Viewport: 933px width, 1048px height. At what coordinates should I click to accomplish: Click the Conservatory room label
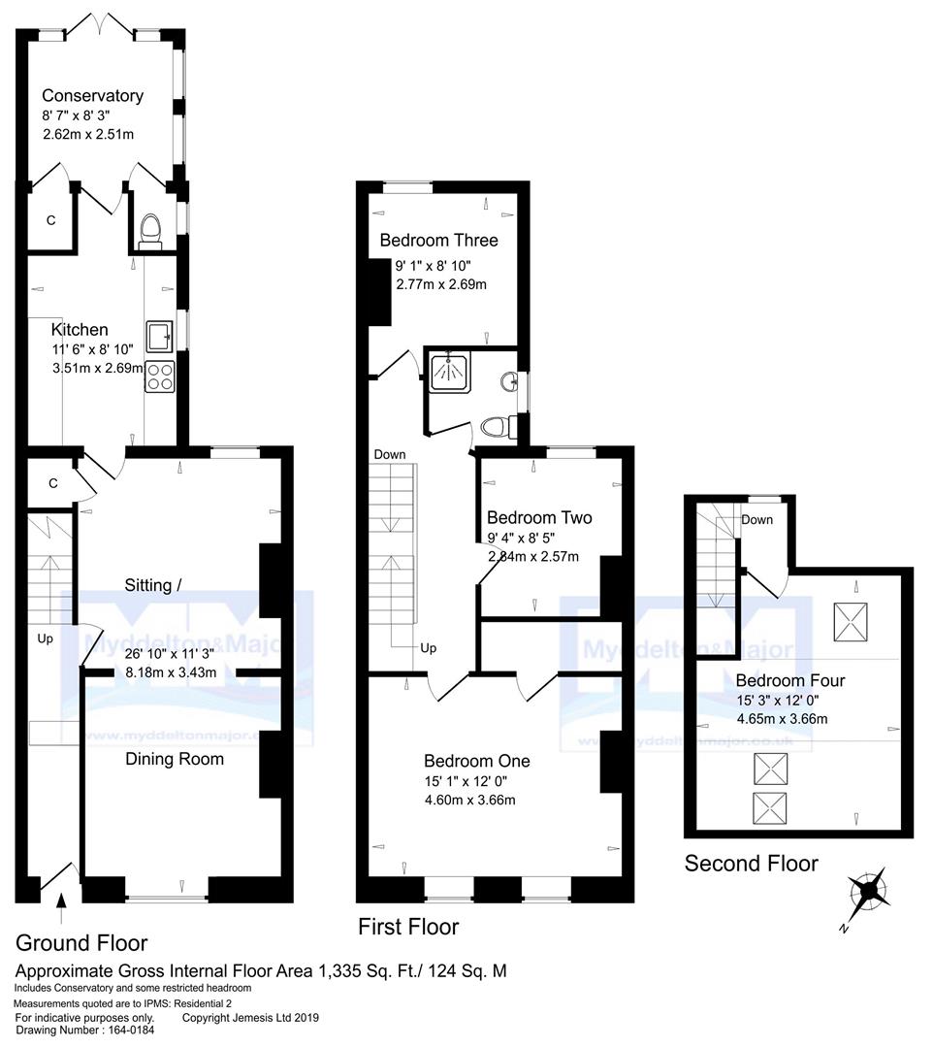tap(92, 95)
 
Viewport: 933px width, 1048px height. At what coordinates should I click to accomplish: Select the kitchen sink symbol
tap(159, 337)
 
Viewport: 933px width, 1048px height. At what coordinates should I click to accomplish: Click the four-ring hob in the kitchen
tap(159, 376)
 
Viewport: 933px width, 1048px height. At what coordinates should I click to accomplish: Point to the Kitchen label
tap(80, 330)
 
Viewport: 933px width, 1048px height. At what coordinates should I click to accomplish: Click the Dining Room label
tap(175, 759)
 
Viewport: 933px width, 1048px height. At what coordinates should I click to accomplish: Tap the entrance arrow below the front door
tap(61, 910)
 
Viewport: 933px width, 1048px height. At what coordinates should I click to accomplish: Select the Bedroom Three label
tap(438, 240)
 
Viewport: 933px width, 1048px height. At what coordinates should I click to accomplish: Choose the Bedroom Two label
tap(539, 517)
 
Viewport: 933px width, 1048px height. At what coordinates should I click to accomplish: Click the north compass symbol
tap(868, 889)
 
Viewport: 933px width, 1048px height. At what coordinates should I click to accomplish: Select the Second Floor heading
tap(751, 863)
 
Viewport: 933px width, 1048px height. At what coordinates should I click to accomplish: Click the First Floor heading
tap(408, 926)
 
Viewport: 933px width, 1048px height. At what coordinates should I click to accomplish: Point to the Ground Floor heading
tap(81, 942)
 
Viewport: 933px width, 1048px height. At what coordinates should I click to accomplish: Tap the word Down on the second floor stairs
tap(756, 519)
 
